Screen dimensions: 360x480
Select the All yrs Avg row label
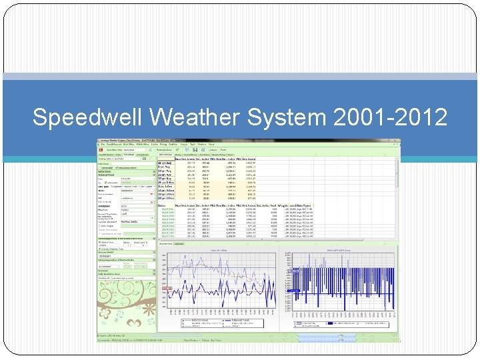[x=165, y=162]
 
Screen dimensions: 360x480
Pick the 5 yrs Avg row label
[x=164, y=166]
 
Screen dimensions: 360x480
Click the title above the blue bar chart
[x=341, y=250]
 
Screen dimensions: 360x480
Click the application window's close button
[x=397, y=141]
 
